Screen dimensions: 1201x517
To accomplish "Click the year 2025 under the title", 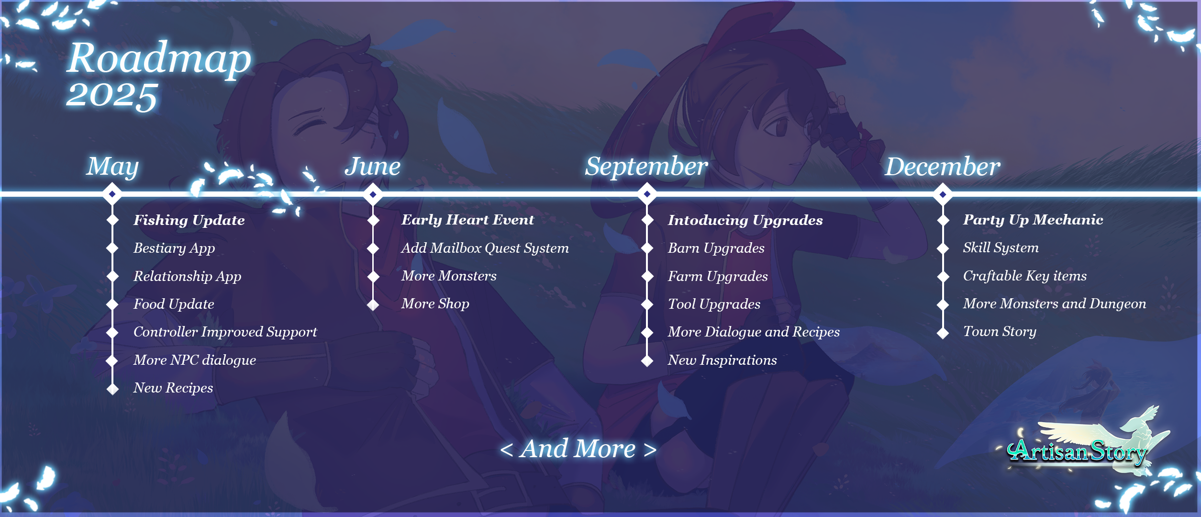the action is pos(112,95).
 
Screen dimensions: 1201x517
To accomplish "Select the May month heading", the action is pos(112,167).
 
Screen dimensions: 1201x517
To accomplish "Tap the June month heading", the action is pos(373,166).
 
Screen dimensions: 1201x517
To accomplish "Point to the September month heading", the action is pos(646,167).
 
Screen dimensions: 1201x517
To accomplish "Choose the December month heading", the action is pos(943,166).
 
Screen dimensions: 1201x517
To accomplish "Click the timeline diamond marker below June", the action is pos(373,194).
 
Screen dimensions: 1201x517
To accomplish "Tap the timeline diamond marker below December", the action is pos(943,194).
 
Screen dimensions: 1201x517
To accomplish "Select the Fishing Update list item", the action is pos(189,220).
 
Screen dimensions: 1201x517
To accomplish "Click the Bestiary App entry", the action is pos(174,248).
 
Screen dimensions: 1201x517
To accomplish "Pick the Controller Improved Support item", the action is pos(225,332).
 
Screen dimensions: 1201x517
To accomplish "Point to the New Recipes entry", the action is pos(173,388).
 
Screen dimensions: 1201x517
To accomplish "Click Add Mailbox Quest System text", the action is pos(485,248).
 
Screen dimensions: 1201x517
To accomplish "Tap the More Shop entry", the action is pos(435,303).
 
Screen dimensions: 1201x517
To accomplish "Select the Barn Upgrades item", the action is pos(716,248).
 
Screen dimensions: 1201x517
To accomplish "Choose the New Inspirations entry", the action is pos(723,360).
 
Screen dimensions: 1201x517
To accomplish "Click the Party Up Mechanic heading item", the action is pos(1033,220).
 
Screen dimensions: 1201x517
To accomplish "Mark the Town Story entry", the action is pos(1000,331).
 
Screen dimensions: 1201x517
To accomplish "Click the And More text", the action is pos(578,449).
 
